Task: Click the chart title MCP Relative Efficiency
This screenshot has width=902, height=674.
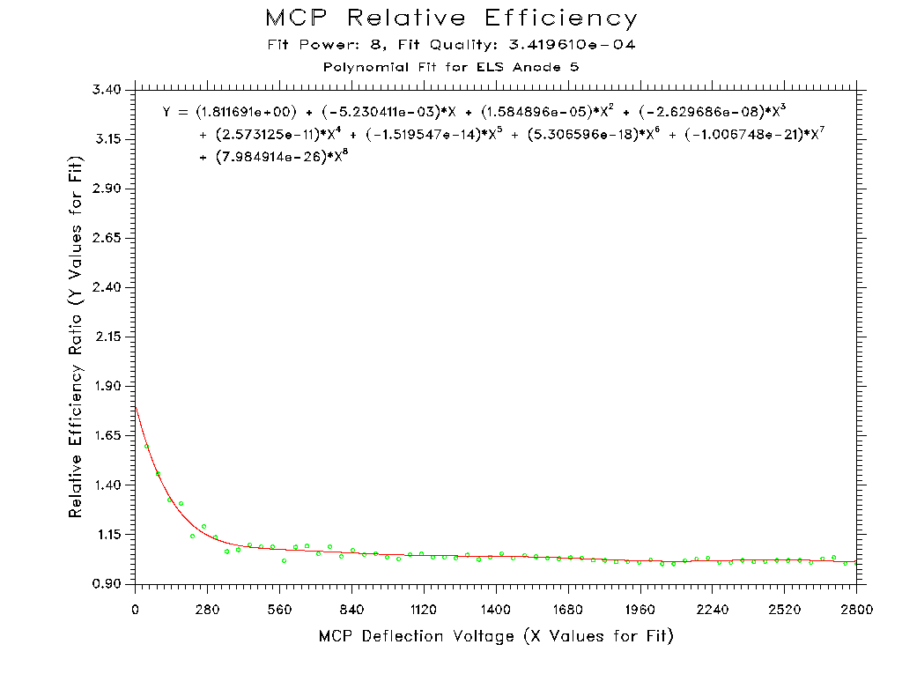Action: pyautogui.click(x=451, y=19)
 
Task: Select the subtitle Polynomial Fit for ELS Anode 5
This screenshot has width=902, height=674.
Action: pyautogui.click(x=451, y=67)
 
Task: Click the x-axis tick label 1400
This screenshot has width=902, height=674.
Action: pyautogui.click(x=496, y=609)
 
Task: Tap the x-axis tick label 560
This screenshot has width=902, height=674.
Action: pyautogui.click(x=279, y=609)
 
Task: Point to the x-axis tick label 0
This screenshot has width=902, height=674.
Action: pyautogui.click(x=136, y=609)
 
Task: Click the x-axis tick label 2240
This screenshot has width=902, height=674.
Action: pyautogui.click(x=712, y=609)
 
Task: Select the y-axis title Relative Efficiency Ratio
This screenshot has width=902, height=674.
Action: pyautogui.click(x=77, y=337)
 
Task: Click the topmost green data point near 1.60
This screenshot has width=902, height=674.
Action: pyautogui.click(x=147, y=447)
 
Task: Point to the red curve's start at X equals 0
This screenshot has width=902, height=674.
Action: pyautogui.click(x=137, y=406)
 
